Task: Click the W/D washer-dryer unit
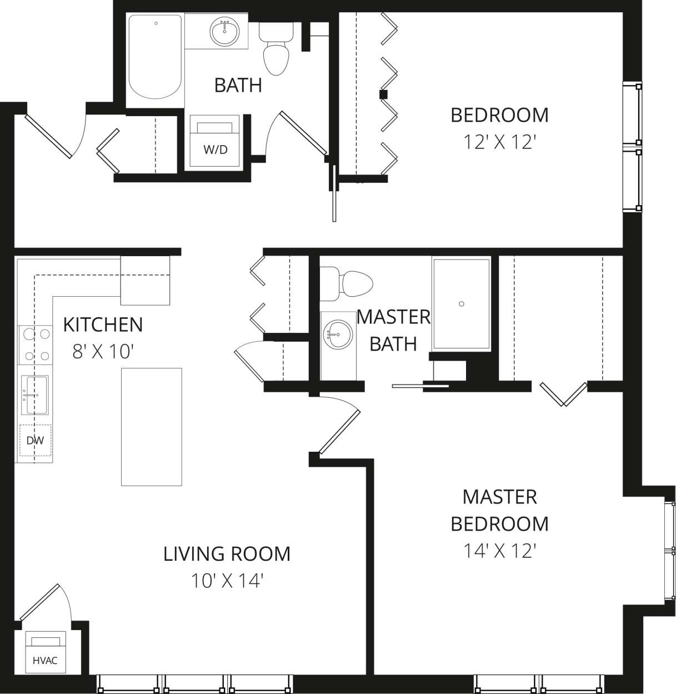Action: point(215,141)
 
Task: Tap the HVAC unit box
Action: point(45,651)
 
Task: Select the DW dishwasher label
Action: point(35,441)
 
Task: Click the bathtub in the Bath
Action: point(155,57)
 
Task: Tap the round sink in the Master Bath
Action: point(338,335)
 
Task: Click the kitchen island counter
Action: point(152,427)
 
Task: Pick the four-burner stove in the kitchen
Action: point(35,344)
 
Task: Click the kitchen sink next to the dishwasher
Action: point(35,394)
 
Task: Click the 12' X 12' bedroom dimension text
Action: point(499,143)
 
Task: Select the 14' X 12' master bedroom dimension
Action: point(499,551)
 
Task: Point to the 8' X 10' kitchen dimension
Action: point(103,352)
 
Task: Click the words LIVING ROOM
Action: point(227,553)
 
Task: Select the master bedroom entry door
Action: point(339,425)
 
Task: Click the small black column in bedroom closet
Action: point(383,94)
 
